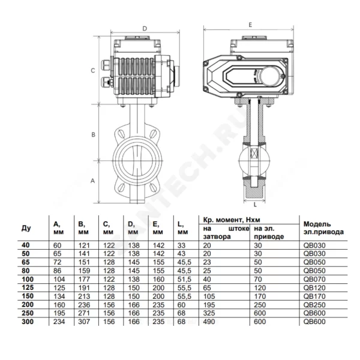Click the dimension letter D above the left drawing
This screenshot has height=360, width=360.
point(145,29)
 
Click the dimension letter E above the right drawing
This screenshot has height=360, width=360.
point(250,25)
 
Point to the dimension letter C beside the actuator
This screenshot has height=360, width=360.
point(93,70)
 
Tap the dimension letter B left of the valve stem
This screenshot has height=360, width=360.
point(94,135)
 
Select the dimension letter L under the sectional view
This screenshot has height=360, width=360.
point(255,205)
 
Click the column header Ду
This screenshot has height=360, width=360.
point(26,228)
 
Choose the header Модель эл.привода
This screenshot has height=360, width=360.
point(323,228)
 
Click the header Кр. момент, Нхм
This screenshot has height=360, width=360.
point(232,220)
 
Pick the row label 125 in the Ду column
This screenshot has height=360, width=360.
point(28,287)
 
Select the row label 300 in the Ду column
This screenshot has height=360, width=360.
point(28,322)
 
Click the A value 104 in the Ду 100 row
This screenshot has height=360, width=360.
point(59,279)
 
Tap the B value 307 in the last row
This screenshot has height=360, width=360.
point(84,322)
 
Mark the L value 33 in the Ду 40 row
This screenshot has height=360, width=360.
point(181,245)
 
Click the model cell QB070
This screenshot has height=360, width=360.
point(314,279)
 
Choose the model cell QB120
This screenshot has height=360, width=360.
point(314,287)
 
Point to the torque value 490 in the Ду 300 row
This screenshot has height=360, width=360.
point(209,322)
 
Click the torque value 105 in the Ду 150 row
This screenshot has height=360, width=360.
point(209,296)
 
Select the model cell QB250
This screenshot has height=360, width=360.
point(314,305)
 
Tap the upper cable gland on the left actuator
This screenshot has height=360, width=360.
point(106,64)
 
